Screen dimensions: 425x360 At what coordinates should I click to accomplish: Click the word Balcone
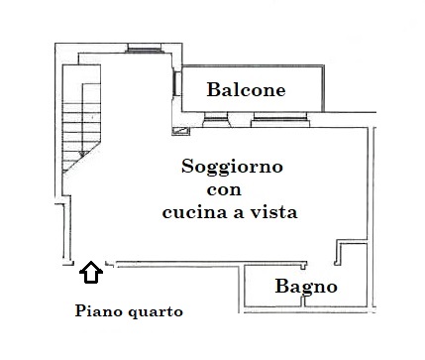[246, 89]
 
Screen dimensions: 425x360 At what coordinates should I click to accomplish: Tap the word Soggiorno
[232, 167]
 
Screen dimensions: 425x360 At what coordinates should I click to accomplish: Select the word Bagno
[306, 287]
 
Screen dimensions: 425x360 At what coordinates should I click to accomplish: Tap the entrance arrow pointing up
[91, 272]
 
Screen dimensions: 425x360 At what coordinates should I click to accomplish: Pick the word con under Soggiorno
[224, 190]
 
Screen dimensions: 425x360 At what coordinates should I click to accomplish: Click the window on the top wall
[145, 49]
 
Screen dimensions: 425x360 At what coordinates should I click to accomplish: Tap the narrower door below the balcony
[215, 119]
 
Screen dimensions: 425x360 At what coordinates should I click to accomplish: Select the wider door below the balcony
[280, 119]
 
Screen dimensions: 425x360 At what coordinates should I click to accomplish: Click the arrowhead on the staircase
[82, 154]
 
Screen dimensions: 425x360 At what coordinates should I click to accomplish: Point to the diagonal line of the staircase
[81, 158]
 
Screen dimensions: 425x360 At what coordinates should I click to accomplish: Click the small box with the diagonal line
[181, 131]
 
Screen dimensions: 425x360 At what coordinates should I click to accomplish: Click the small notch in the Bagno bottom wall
[304, 300]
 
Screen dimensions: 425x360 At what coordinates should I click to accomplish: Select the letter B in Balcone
[213, 89]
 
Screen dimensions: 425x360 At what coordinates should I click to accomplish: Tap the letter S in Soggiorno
[187, 166]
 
